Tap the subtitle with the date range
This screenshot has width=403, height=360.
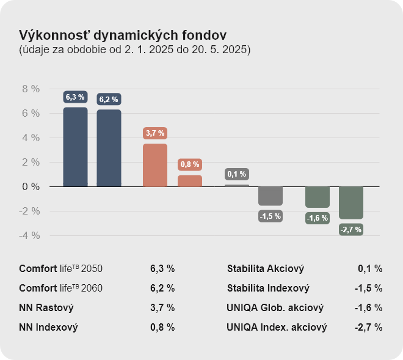coord(134,50)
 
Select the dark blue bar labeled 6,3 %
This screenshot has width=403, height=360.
coord(75,147)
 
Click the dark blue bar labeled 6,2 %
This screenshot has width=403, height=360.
coord(109,149)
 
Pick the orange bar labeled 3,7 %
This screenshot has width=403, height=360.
coord(155,165)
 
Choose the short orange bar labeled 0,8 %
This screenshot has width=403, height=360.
coord(190,181)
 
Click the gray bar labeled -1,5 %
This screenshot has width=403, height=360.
coord(270,196)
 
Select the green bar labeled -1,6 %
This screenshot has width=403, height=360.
coord(318,197)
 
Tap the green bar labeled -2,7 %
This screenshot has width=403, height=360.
coord(351,202)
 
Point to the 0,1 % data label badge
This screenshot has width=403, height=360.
coord(236,174)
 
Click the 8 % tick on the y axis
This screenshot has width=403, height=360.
coord(31,89)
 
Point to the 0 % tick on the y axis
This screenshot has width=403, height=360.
coord(31,186)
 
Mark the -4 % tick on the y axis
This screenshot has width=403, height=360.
coord(31,235)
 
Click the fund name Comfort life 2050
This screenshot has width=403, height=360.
coord(61,268)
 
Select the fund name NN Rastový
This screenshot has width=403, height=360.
coord(46,307)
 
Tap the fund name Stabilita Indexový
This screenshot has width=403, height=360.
coord(268,288)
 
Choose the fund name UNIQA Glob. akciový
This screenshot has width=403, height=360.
coord(275,307)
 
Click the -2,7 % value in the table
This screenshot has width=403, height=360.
coord(369,327)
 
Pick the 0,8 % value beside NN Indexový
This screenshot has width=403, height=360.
coord(162,327)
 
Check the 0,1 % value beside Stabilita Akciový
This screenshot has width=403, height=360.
coord(370,268)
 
